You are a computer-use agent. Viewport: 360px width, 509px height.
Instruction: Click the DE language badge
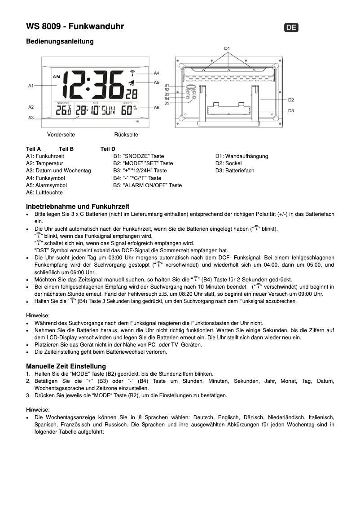[x=291, y=27]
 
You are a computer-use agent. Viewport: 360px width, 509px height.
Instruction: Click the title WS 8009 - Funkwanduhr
[x=75, y=26]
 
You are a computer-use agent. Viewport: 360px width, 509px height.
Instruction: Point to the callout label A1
[x=31, y=85]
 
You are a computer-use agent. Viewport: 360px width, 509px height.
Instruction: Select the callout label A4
[x=156, y=73]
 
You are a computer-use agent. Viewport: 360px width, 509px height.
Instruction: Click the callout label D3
[x=291, y=110]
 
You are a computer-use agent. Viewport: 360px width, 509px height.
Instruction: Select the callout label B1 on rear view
[x=167, y=85]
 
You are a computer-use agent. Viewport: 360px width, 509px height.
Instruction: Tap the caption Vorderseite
[x=61, y=135]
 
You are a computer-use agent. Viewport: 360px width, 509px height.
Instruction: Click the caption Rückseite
[x=126, y=135]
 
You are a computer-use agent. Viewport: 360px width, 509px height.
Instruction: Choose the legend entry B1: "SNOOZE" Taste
[x=139, y=156]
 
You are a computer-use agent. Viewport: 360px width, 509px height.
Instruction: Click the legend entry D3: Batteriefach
[x=235, y=171]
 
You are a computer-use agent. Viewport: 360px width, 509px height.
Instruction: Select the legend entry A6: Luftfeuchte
[x=44, y=193]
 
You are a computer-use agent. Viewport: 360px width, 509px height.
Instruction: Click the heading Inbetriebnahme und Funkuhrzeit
[x=78, y=206]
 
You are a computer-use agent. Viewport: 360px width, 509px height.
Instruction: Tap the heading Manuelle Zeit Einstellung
[x=66, y=366]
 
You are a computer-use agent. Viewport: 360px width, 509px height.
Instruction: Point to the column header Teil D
[x=108, y=149]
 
